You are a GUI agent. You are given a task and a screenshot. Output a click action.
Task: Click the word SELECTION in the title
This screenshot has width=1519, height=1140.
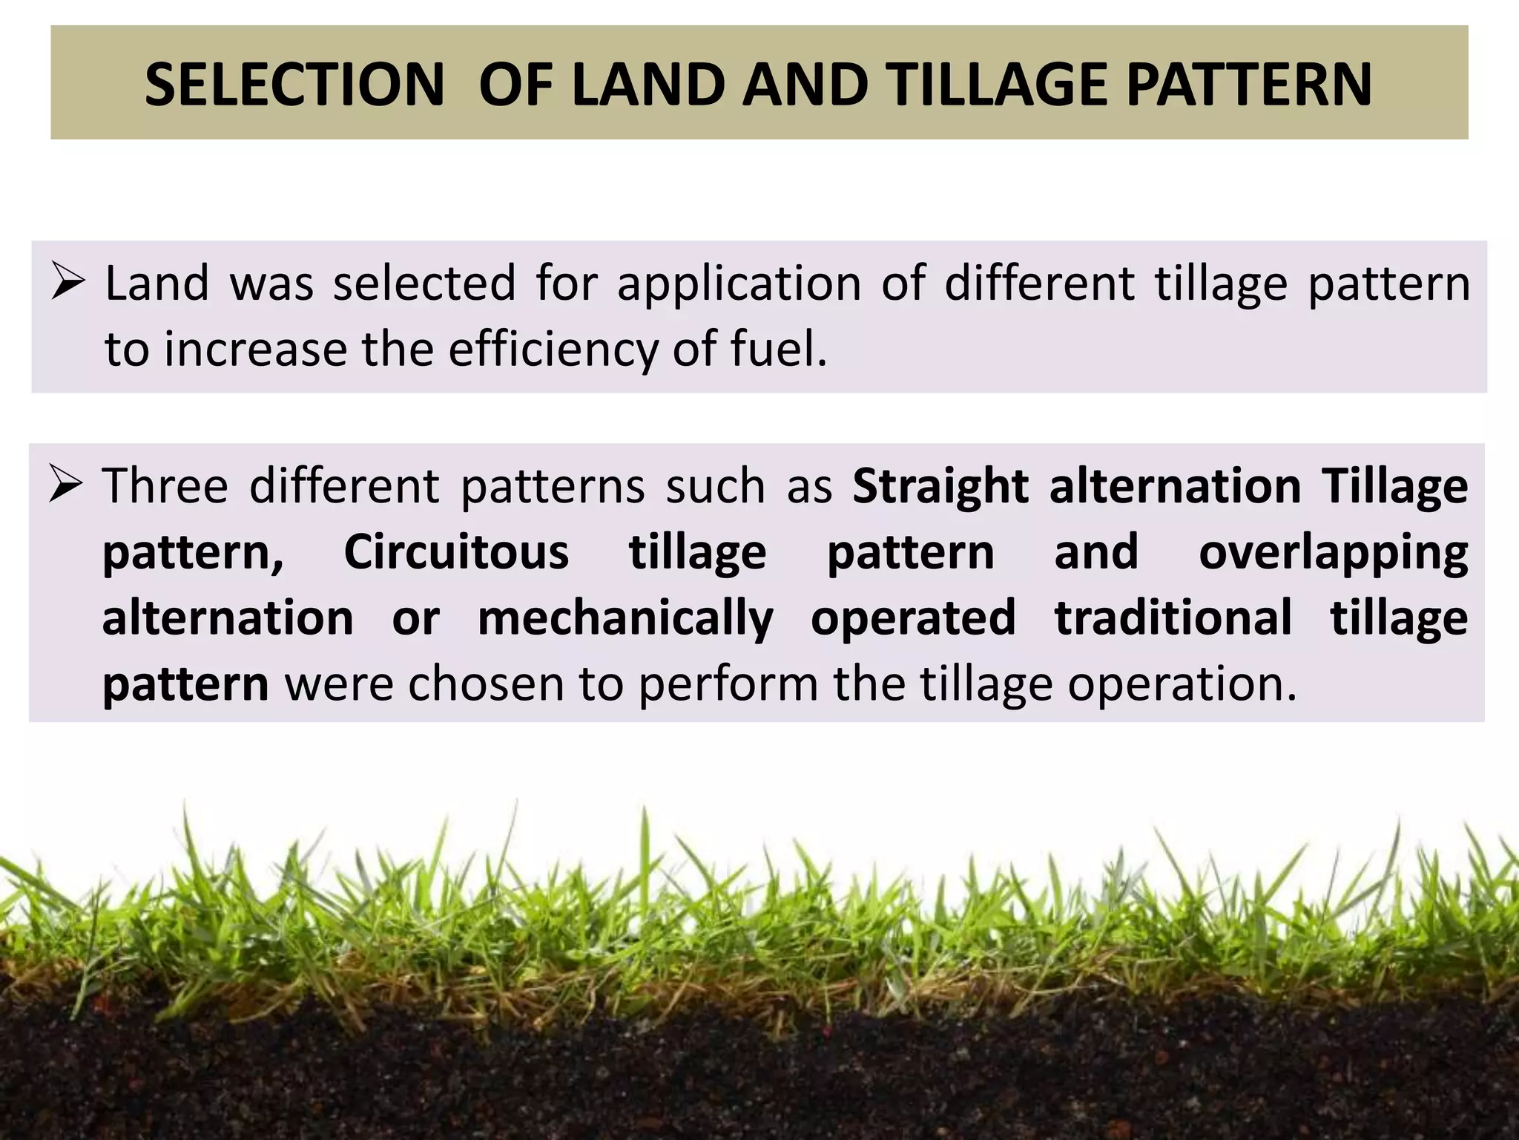(294, 84)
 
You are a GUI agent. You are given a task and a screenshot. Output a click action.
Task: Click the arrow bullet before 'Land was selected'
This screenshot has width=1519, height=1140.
(69, 284)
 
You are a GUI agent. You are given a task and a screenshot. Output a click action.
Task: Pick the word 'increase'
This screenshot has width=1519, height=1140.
(255, 349)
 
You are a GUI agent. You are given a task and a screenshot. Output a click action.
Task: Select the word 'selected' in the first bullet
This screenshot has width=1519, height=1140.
(424, 284)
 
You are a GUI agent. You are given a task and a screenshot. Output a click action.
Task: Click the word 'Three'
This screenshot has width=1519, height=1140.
(165, 485)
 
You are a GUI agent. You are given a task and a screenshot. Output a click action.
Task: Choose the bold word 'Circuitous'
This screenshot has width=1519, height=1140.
(456, 553)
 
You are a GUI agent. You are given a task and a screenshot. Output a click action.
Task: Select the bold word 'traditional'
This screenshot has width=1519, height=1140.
(1173, 617)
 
